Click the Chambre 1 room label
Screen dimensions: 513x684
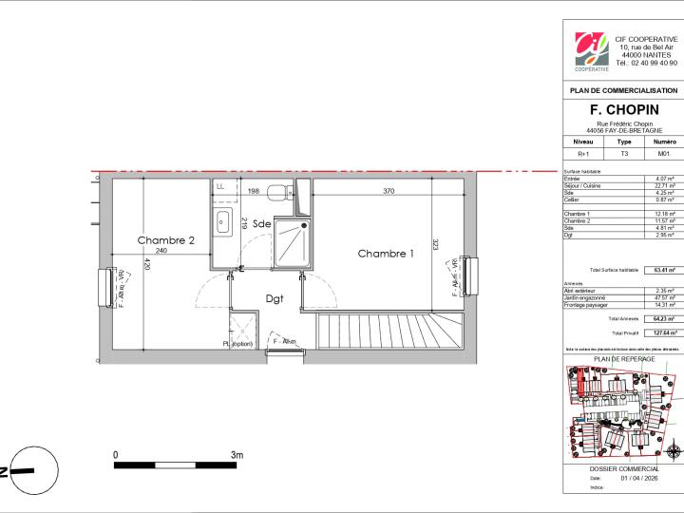(386, 254)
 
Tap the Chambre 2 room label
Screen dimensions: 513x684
(166, 241)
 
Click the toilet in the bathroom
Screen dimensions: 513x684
(277, 193)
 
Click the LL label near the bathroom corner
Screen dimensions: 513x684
(220, 186)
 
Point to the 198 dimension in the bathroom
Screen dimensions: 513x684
(254, 192)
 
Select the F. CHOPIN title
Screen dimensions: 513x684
(623, 110)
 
